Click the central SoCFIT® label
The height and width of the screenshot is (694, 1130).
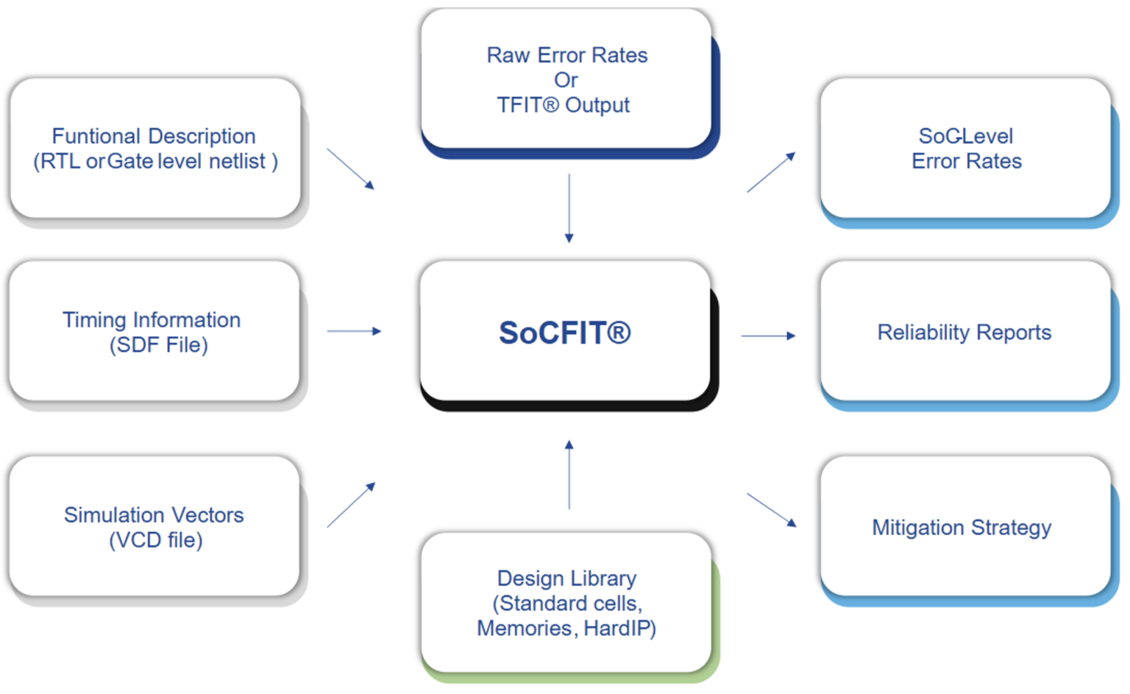pyautogui.click(x=565, y=333)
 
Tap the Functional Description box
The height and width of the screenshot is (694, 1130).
pyautogui.click(x=155, y=148)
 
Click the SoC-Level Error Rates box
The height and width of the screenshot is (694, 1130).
pyautogui.click(x=965, y=148)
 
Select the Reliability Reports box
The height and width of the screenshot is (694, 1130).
pyautogui.click(x=964, y=333)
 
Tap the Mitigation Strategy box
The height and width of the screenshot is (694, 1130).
pyautogui.click(x=962, y=528)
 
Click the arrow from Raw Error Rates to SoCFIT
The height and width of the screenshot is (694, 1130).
pyautogui.click(x=569, y=208)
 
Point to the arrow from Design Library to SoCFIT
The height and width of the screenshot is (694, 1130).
pyautogui.click(x=569, y=475)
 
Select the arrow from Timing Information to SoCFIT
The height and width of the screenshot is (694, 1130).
pyautogui.click(x=354, y=331)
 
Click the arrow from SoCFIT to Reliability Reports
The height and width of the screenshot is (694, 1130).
pyautogui.click(x=768, y=336)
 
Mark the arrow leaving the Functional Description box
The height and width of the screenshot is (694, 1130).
pyautogui.click(x=350, y=169)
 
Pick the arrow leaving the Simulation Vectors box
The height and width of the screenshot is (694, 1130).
pyautogui.click(x=351, y=505)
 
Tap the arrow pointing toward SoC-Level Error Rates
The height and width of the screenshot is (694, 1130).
pyautogui.click(x=771, y=172)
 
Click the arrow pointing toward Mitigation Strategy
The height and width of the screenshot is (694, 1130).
pyautogui.click(x=771, y=510)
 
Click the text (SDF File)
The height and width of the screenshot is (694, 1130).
pyautogui.click(x=159, y=344)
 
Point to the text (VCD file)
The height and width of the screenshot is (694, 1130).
pyautogui.click(x=156, y=540)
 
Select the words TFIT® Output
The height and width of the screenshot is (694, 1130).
pyautogui.click(x=564, y=105)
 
